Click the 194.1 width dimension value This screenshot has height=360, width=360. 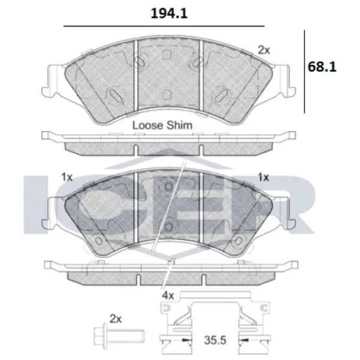pyautogui.click(x=169, y=14)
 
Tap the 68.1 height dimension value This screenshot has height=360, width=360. pyautogui.click(x=322, y=67)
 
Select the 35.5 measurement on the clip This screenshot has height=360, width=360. pyautogui.click(x=215, y=340)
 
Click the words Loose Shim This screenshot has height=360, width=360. pyautogui.click(x=163, y=125)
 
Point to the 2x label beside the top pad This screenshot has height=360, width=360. pyautogui.click(x=264, y=50)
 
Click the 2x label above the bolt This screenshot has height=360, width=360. pyautogui.click(x=115, y=319)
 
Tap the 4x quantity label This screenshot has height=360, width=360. pyautogui.click(x=168, y=296)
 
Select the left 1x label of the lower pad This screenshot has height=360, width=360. pyautogui.click(x=67, y=177)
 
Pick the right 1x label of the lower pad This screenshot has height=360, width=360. pyautogui.click(x=263, y=177)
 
